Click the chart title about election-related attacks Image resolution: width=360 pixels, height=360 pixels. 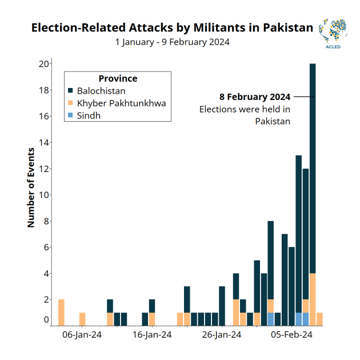(x=172, y=27)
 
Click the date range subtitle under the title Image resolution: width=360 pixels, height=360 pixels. (x=172, y=42)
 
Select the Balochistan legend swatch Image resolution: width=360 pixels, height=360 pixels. (x=70, y=91)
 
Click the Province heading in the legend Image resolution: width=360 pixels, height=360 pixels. (x=118, y=79)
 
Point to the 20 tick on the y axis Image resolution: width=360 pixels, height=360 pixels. (x=43, y=64)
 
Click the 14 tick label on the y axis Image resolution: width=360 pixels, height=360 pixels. (x=43, y=142)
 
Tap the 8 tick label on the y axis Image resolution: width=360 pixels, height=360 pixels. (x=46, y=221)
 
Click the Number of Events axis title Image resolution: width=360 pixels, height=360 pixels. (x=31, y=189)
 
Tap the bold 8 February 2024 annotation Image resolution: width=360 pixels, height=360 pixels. (x=255, y=97)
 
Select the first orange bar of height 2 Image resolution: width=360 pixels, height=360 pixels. (x=61, y=312)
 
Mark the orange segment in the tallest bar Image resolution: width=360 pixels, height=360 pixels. (x=313, y=299)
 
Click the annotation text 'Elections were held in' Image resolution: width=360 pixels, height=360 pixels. (x=245, y=109)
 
